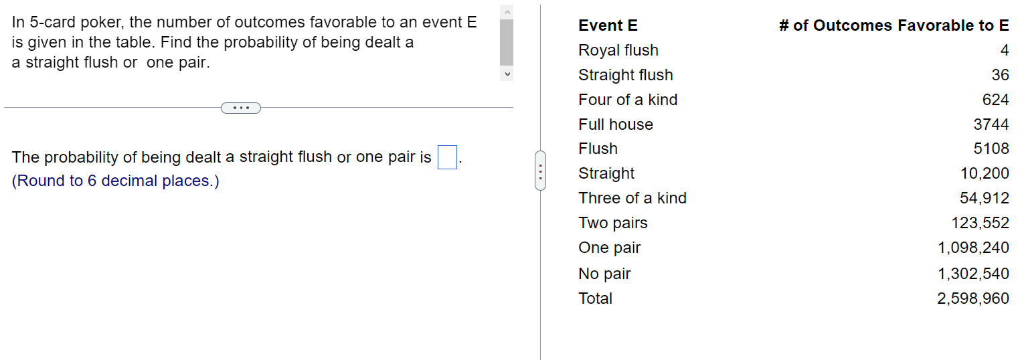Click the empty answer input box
[x=447, y=157]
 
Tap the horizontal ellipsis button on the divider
[x=240, y=108]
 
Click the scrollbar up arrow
[x=507, y=12]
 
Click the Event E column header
[x=608, y=26]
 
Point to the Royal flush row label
[x=618, y=51]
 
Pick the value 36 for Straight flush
[x=1000, y=76]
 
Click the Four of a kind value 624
[x=995, y=100]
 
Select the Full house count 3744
[x=991, y=125]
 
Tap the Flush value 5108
[x=991, y=149]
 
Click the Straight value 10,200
[x=985, y=174]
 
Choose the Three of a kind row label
[x=632, y=199]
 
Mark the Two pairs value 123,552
[x=980, y=223]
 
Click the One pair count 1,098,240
[x=973, y=248]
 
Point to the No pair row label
[x=604, y=274]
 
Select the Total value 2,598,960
[x=973, y=298]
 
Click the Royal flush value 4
[x=1005, y=51]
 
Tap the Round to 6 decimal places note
[x=116, y=181]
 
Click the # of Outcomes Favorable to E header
[x=894, y=26]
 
